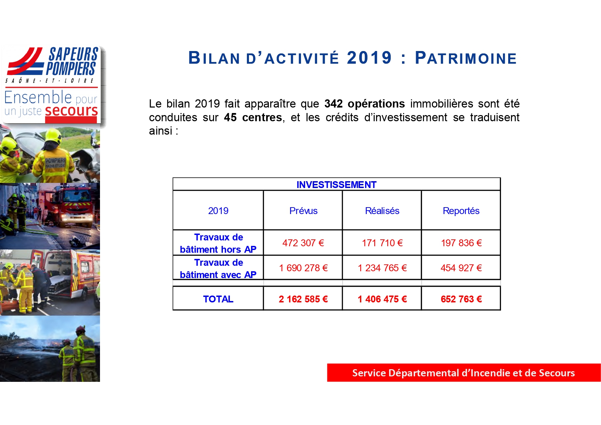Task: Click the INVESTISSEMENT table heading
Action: tap(336, 185)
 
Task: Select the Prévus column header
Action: tap(303, 211)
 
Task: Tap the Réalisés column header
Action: tap(382, 211)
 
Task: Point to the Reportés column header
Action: tap(461, 211)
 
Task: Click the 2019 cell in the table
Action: tap(218, 211)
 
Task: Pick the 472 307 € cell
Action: tap(303, 243)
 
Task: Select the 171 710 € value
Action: tap(382, 243)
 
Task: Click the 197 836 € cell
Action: tap(461, 243)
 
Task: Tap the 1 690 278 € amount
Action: tap(303, 268)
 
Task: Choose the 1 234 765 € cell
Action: tap(382, 268)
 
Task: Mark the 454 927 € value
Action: tap(461, 268)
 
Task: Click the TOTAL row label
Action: tap(218, 299)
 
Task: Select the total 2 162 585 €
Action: tap(303, 299)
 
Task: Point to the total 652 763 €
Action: tap(461, 299)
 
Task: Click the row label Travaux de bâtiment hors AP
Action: tap(218, 243)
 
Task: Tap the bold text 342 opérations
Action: tap(365, 104)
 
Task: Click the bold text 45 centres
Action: tap(253, 117)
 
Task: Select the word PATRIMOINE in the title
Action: tap(466, 58)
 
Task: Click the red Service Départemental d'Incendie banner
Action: tap(464, 373)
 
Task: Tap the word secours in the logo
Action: tap(71, 111)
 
